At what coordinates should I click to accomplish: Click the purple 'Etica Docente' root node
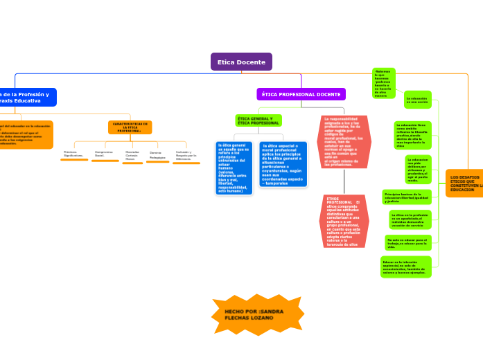pyautogui.click(x=241, y=62)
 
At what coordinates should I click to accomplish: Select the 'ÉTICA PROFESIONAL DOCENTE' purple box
pyautogui.click(x=301, y=94)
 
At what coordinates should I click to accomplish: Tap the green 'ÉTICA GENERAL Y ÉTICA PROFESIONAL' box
pyautogui.click(x=258, y=120)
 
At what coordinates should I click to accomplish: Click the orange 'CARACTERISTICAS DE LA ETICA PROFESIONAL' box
pyautogui.click(x=130, y=127)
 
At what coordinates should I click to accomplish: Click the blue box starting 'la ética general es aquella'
pyautogui.click(x=234, y=168)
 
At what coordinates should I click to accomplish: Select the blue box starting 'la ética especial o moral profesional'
pyautogui.click(x=282, y=165)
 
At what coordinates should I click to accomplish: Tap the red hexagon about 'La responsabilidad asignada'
pyautogui.click(x=343, y=142)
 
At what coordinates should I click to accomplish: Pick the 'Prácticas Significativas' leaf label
pyautogui.click(x=73, y=154)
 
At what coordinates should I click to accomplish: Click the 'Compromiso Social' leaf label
pyautogui.click(x=104, y=154)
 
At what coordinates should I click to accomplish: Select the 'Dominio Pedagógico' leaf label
pyautogui.click(x=157, y=155)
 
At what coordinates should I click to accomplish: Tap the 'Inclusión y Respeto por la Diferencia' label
pyautogui.click(x=186, y=155)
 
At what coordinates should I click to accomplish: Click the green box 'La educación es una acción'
pyautogui.click(x=418, y=100)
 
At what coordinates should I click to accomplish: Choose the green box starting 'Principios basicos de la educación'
pyautogui.click(x=407, y=197)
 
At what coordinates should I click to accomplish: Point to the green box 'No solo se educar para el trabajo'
pyautogui.click(x=408, y=242)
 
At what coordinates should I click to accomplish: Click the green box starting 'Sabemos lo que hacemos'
pyautogui.click(x=384, y=83)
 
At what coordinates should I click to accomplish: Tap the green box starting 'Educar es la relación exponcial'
pyautogui.click(x=406, y=267)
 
